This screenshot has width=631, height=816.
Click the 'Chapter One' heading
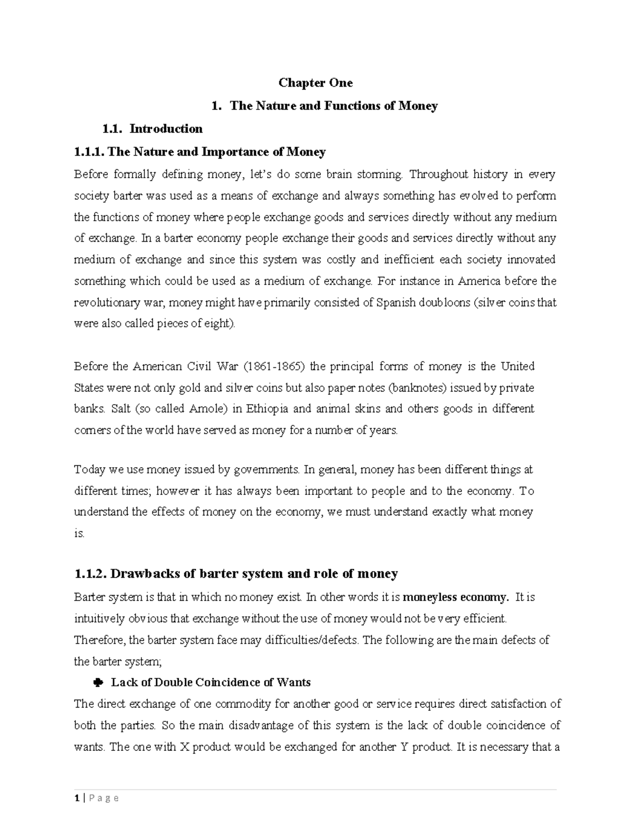coord(315,83)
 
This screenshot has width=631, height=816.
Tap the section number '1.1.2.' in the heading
coord(91,573)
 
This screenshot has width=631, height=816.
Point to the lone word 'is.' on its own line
coord(79,533)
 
